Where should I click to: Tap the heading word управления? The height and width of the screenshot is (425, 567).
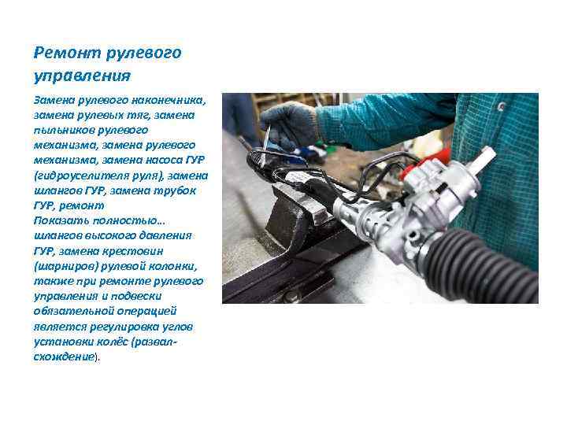(x=81, y=76)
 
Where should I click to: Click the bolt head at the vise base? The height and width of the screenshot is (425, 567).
(x=291, y=295)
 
